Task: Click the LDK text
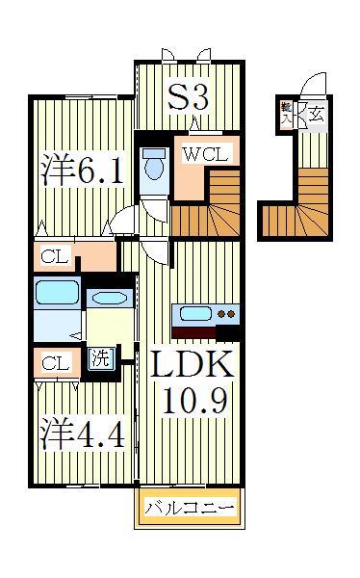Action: (x=191, y=365)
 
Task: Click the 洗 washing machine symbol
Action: (x=101, y=359)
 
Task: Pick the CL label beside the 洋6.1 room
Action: (x=55, y=256)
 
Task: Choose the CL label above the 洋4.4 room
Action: (x=55, y=363)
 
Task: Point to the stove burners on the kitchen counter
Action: (x=227, y=313)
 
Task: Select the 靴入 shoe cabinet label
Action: (x=287, y=113)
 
